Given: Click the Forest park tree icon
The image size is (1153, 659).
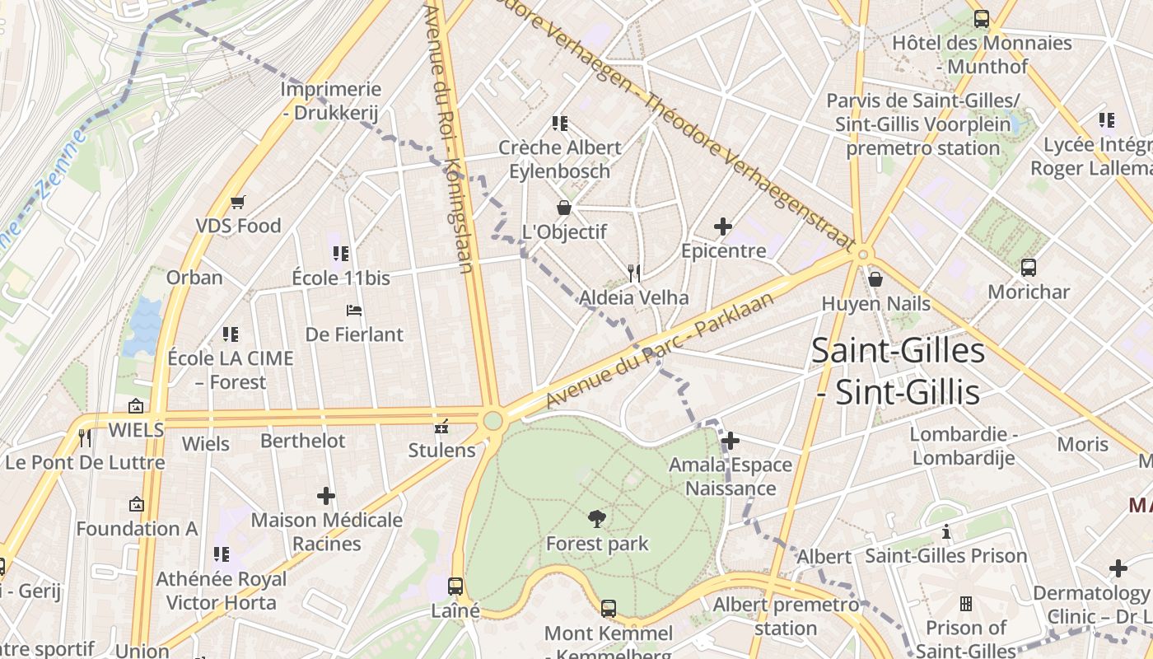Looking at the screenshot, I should click(x=597, y=518).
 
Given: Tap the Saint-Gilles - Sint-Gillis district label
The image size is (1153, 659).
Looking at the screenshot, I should click(x=898, y=372).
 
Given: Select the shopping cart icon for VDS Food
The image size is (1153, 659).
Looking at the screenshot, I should click(x=238, y=202).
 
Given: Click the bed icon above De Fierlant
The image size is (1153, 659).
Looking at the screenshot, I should click(x=354, y=311).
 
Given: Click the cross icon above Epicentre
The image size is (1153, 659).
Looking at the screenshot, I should click(x=723, y=227).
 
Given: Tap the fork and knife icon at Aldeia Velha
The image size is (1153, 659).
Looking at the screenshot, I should click(x=633, y=273).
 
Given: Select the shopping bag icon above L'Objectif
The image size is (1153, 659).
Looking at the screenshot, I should click(x=564, y=207).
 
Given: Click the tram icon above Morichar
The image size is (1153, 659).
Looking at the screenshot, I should click(x=1028, y=268).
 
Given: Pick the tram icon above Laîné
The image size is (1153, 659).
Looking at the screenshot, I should click(x=455, y=587).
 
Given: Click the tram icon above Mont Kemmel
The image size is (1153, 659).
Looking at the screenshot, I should click(x=608, y=609).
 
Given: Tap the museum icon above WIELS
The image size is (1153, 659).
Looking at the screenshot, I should click(x=136, y=405).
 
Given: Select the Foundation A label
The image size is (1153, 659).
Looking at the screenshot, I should click(x=137, y=528).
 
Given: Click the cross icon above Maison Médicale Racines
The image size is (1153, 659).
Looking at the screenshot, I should click(x=326, y=496).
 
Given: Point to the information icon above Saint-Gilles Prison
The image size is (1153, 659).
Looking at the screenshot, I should click(x=946, y=532).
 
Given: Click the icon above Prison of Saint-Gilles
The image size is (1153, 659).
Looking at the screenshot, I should click(x=966, y=604).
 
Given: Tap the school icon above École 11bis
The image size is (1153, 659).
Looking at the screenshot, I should click(x=340, y=254).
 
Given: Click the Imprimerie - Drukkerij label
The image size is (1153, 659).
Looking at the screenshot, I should click(x=331, y=101).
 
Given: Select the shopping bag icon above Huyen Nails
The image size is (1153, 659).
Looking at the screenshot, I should click(x=875, y=279).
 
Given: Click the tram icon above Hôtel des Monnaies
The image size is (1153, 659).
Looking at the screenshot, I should click(x=981, y=19).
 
